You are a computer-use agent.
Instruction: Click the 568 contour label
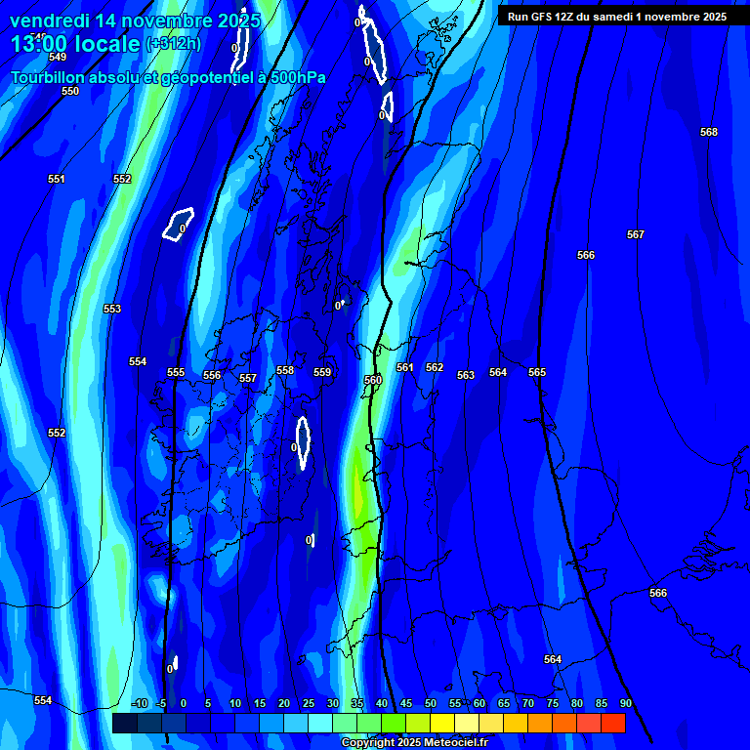[x=709, y=132]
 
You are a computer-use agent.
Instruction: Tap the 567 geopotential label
[x=636, y=234]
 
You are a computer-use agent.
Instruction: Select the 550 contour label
[x=70, y=91]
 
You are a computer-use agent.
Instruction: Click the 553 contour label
[x=112, y=309]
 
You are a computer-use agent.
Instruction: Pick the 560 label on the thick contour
[x=373, y=380]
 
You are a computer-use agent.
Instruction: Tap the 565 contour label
[x=537, y=372]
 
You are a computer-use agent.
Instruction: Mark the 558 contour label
[x=285, y=370]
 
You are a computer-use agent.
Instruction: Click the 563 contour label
[x=466, y=375]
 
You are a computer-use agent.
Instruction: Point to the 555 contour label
[x=176, y=372]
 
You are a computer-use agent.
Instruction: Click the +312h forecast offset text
[x=173, y=43]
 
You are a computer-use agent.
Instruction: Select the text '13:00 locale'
[x=75, y=43]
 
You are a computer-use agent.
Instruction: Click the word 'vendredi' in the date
[x=49, y=21]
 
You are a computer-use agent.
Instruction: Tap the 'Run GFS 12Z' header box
[x=616, y=16]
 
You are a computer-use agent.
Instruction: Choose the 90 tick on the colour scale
[x=626, y=703]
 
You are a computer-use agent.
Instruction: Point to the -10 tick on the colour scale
[x=139, y=703]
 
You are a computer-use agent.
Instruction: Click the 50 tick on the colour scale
[x=431, y=703]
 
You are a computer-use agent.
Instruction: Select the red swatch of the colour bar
[x=612, y=723]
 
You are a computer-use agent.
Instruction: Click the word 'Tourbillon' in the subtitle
[x=49, y=77]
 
